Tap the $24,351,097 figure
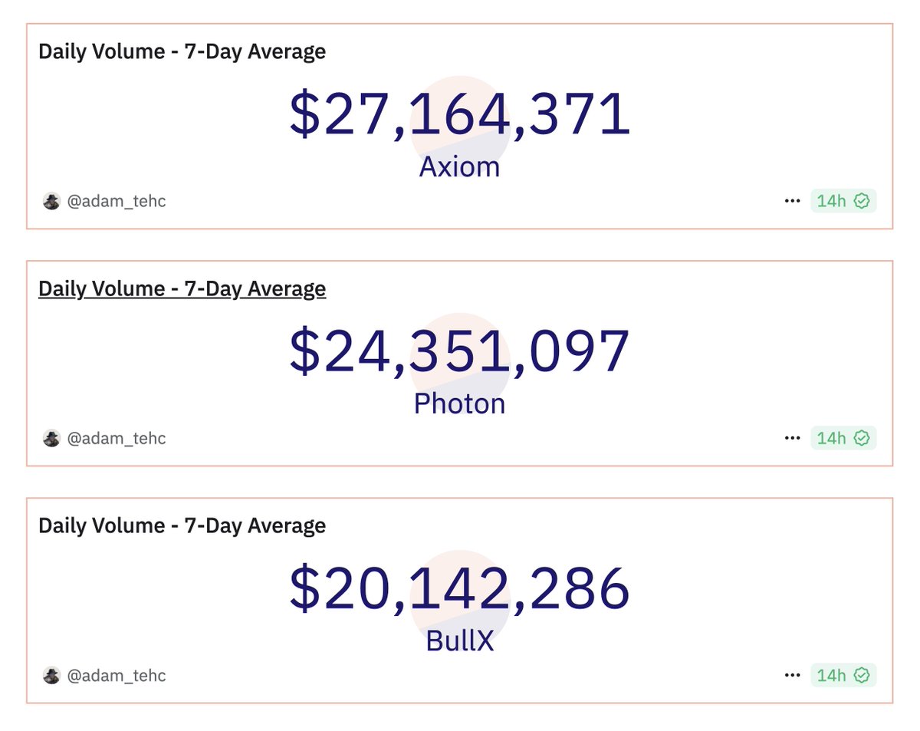pos(460,352)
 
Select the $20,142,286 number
pos(460,589)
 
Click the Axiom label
pos(459,167)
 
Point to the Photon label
pos(459,404)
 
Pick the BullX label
pos(459,641)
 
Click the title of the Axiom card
pos(182,51)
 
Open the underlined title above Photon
pos(182,288)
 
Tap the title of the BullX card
pos(182,525)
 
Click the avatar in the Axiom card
pos(51,201)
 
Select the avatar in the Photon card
pos(51,438)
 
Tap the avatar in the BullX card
pos(51,675)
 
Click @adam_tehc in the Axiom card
pos(116,201)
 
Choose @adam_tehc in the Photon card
pos(116,438)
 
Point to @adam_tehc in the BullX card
pos(116,675)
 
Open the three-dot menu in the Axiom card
pos(792,201)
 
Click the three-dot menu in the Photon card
pos(792,438)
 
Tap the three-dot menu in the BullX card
pos(792,675)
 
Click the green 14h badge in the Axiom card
pos(843,201)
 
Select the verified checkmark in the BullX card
pos(862,675)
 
